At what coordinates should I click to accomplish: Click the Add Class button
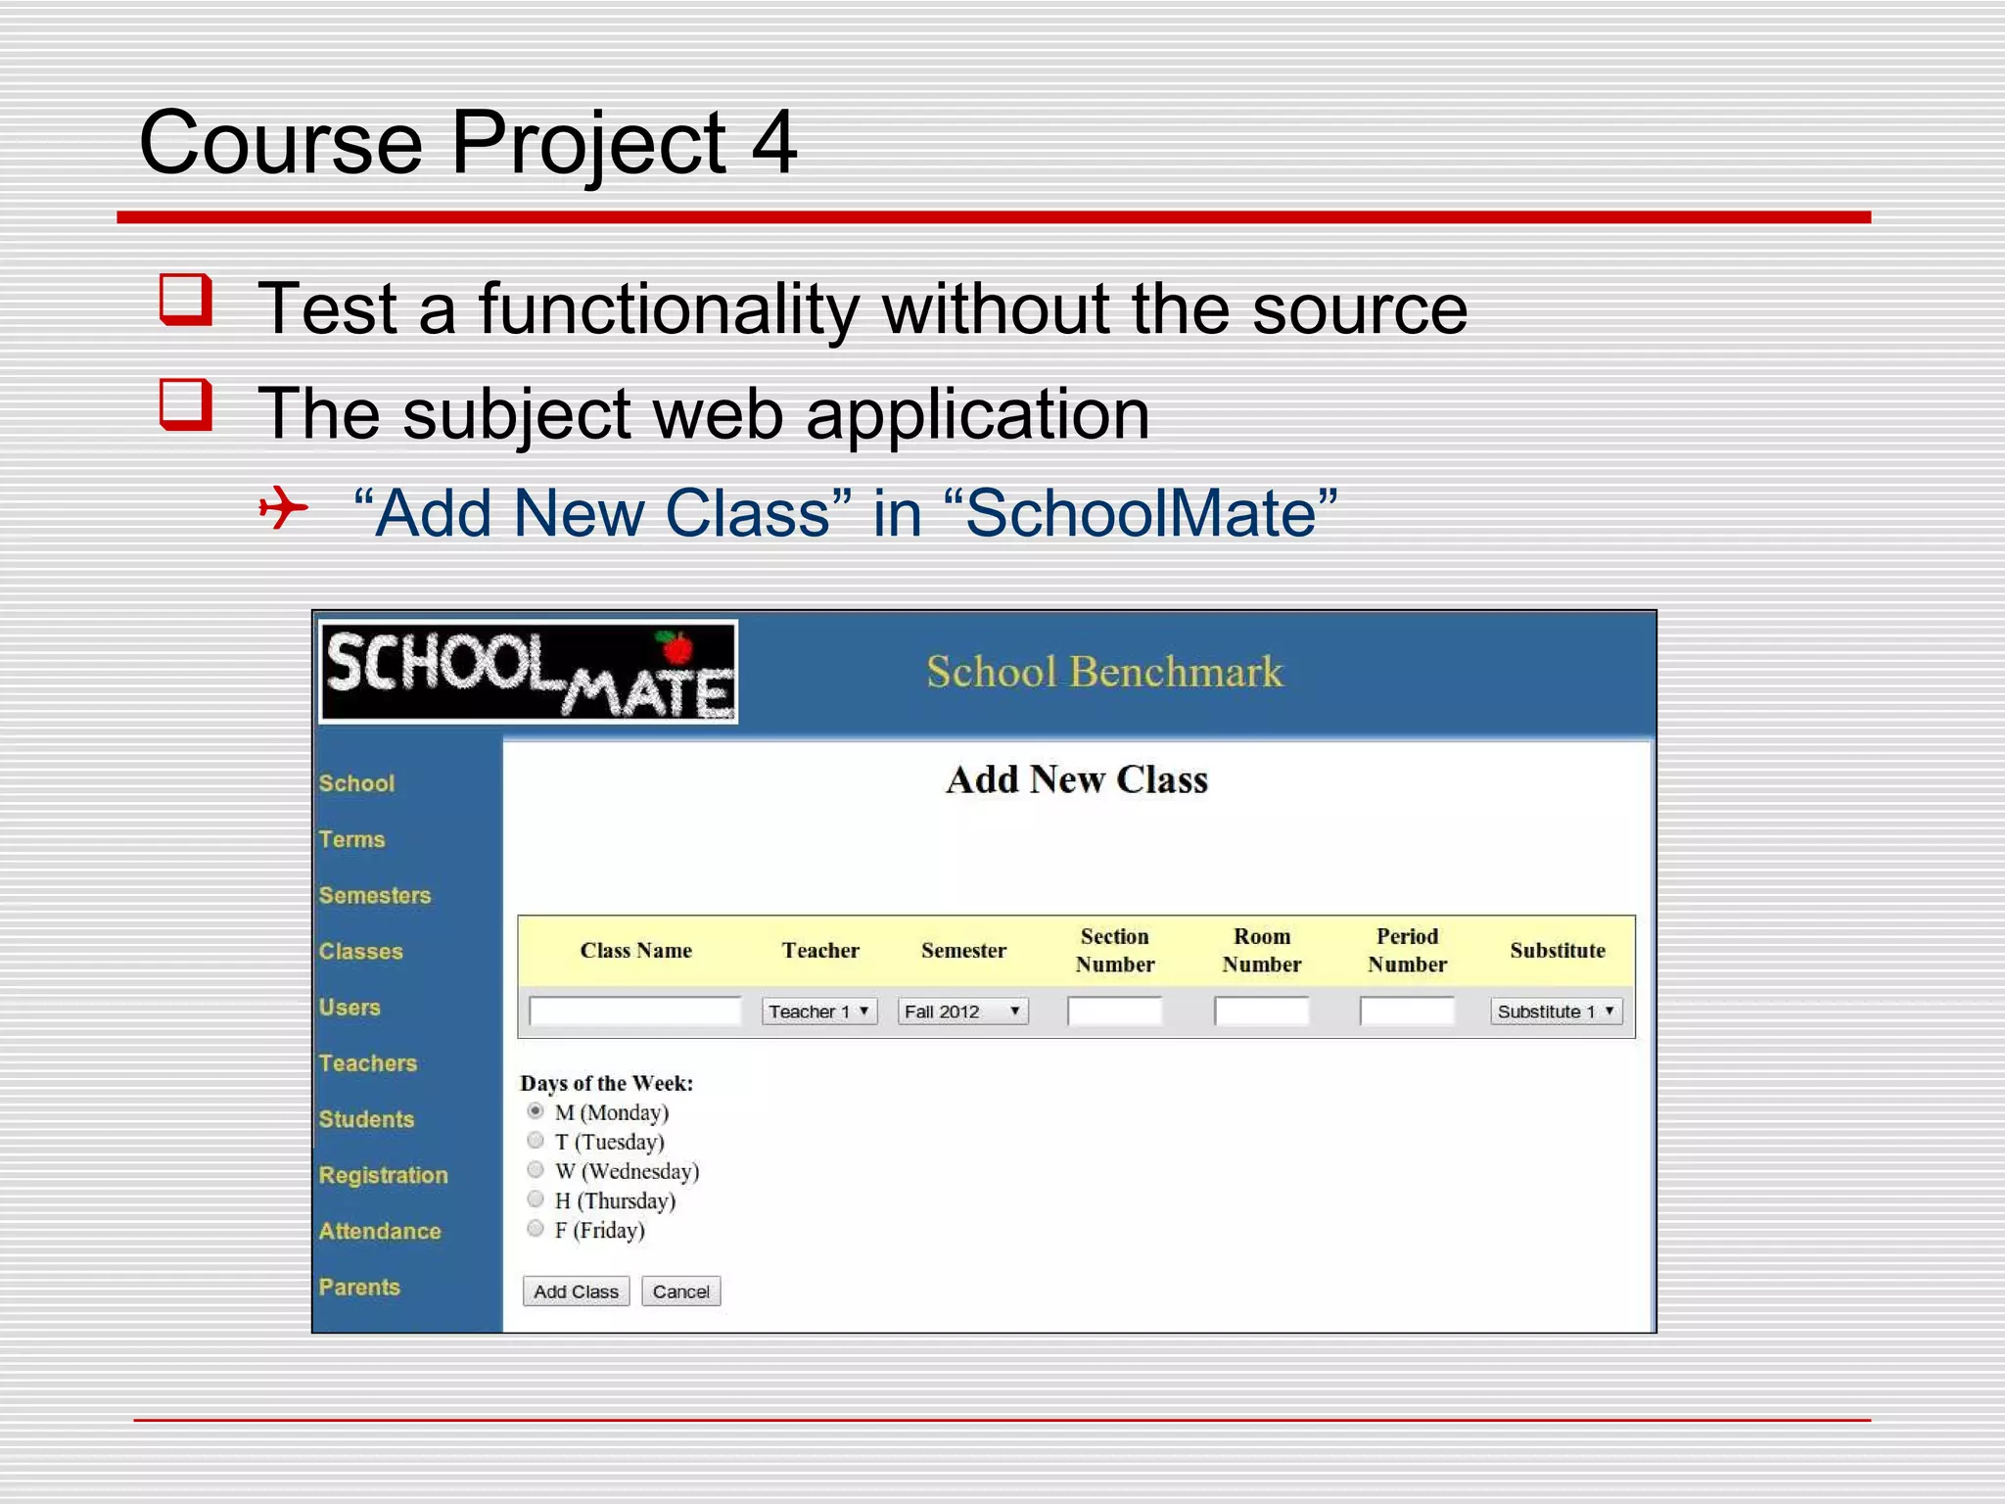pos(576,1292)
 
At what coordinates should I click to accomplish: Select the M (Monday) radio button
pos(536,1111)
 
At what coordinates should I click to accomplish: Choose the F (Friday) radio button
pos(536,1229)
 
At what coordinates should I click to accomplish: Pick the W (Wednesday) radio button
pos(536,1170)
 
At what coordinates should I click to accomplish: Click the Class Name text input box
pos(634,1011)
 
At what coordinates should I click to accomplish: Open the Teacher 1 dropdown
pos(819,1011)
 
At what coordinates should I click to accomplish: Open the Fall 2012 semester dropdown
pos(962,1011)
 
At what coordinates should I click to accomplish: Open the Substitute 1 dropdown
pos(1556,1011)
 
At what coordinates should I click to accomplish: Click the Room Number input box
pos(1261,1011)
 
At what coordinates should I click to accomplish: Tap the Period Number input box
pos(1407,1011)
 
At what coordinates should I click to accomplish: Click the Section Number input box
pos(1114,1011)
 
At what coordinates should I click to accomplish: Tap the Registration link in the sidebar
pos(383,1175)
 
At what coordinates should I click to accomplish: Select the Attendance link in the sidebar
pos(380,1231)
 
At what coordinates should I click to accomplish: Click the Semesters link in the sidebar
pos(375,895)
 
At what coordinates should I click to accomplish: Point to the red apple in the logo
pos(676,647)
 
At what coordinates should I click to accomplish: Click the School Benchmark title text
pos(1104,672)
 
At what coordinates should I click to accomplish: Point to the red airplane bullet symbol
pos(284,508)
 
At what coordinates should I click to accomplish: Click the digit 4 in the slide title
pos(773,143)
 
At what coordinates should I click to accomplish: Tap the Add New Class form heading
pos(1077,779)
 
